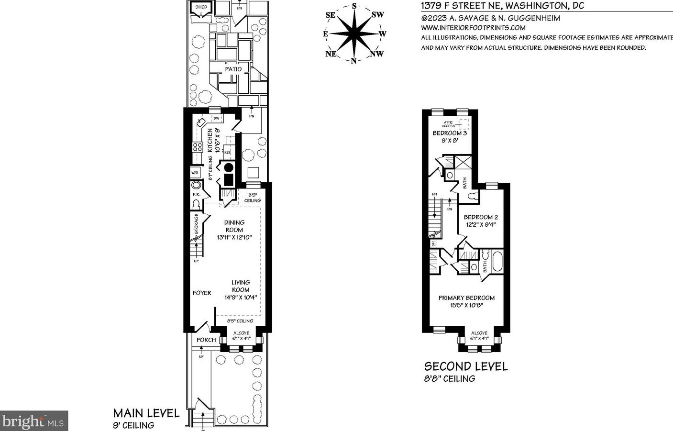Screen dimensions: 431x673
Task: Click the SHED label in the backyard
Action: click(x=201, y=7)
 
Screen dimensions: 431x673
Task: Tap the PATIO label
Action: click(x=233, y=69)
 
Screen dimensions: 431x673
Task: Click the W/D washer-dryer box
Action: click(x=195, y=173)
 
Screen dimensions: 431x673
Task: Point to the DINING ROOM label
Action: click(x=234, y=226)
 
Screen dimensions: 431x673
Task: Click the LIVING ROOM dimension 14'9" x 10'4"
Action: click(x=241, y=297)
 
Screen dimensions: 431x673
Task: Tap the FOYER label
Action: click(x=202, y=293)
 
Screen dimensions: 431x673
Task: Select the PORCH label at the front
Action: click(x=207, y=340)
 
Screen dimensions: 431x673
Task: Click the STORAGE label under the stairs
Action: click(x=197, y=224)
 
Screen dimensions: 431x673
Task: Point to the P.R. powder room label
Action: click(x=196, y=195)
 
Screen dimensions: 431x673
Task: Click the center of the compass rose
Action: click(x=354, y=33)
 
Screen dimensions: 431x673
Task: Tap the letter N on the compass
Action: click(x=353, y=61)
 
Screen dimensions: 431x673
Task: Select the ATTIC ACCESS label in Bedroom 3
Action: click(x=449, y=124)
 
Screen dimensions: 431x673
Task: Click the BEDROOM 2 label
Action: click(x=481, y=217)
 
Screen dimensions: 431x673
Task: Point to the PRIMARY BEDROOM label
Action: click(x=466, y=298)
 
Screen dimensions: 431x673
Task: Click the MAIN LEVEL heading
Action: click(x=146, y=413)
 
